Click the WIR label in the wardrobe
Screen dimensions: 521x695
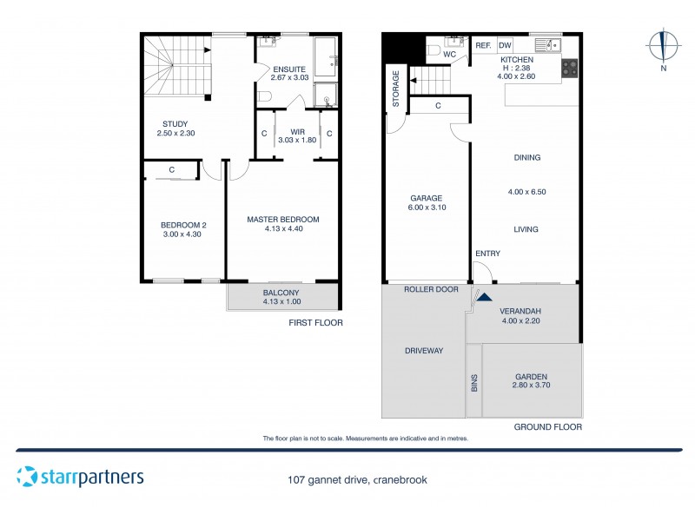tap(298, 131)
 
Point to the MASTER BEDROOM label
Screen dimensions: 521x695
tap(282, 219)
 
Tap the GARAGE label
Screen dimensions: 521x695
tap(426, 198)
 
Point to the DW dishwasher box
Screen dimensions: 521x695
tap(505, 45)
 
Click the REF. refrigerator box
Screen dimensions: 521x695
tap(483, 45)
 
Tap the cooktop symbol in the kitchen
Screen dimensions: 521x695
tap(571, 69)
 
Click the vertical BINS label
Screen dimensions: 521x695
tap(474, 382)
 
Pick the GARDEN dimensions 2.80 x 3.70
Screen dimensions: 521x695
tap(532, 386)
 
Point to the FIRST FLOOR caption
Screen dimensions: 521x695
tap(315, 322)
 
